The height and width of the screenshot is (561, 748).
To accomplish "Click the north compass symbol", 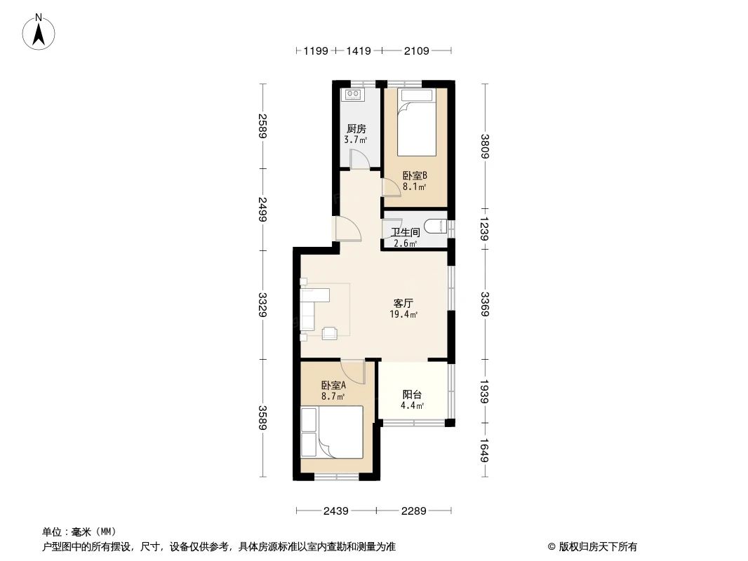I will (x=40, y=32).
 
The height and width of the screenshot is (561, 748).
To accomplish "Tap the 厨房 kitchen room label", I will (x=356, y=129).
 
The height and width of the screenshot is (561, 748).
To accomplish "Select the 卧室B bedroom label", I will (x=415, y=176).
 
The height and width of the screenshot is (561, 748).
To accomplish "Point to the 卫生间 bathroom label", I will (x=406, y=232).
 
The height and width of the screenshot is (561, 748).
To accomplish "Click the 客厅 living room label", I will (x=403, y=304).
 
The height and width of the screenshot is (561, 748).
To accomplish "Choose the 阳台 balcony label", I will (x=412, y=394).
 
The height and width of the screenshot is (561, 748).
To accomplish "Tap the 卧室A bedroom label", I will (x=333, y=386).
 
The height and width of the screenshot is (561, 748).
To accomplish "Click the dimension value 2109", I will (x=415, y=50).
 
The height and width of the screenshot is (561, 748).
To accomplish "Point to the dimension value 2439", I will (x=336, y=511).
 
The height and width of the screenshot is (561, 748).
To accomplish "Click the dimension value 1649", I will (x=485, y=450).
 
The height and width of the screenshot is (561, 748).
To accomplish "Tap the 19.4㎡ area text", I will (x=404, y=315).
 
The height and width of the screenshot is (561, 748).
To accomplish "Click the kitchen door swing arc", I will (x=359, y=160).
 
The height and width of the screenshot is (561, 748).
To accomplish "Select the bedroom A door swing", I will (x=353, y=372).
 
